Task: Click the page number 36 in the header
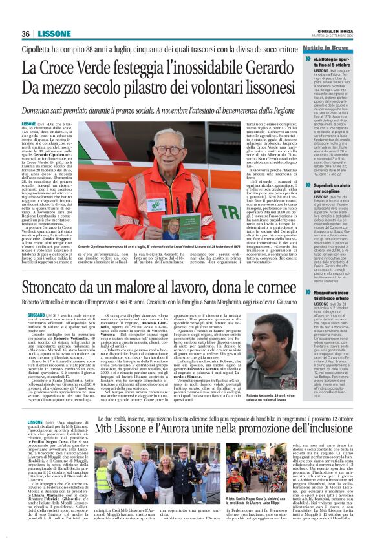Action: (26, 34)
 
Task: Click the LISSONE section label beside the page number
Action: (54, 34)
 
